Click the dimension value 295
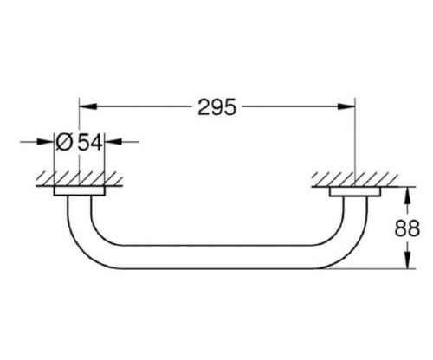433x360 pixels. coord(217,108)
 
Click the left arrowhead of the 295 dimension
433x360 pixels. coord(86,108)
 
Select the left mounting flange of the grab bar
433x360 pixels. coord(80,191)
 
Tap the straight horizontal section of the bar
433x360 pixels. coord(216,260)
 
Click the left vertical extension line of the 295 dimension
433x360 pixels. coord(80,138)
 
